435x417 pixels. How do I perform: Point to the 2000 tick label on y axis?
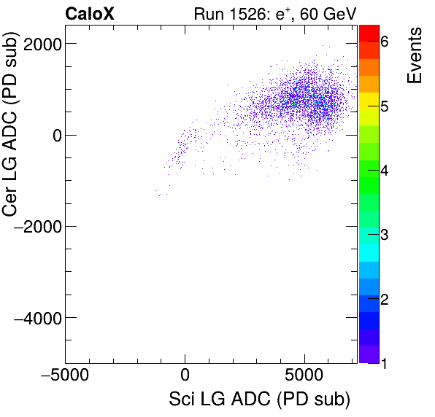tap(42, 44)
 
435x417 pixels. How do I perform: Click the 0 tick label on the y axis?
tap(55, 135)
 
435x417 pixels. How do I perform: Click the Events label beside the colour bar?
tap(415, 55)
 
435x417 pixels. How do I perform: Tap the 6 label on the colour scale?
tap(385, 42)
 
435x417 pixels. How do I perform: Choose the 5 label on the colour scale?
tap(385, 106)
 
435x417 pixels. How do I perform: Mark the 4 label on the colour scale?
tap(385, 171)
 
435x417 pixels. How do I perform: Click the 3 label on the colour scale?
tap(385, 235)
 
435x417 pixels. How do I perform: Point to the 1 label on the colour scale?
tap(385, 362)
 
